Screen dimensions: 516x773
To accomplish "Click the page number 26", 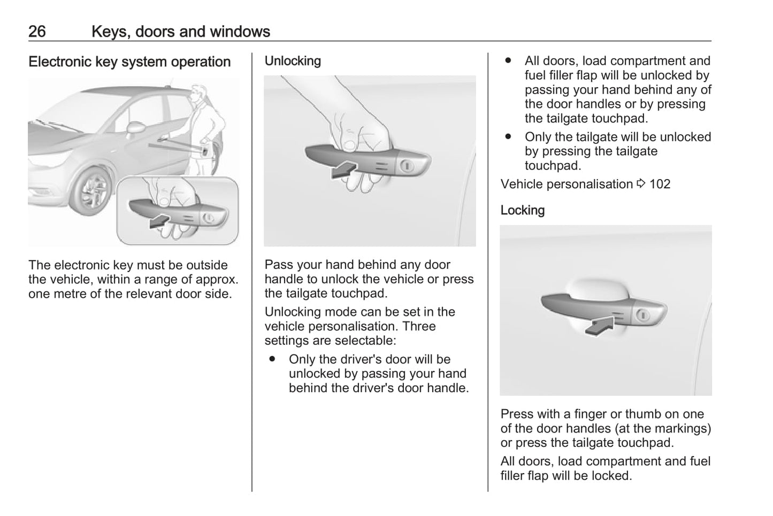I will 37,32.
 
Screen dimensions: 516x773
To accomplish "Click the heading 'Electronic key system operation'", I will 129,62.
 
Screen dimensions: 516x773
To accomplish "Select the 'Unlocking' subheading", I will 293,61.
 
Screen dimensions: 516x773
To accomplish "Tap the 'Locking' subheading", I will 522,211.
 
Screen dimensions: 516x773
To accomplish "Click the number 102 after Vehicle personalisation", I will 660,184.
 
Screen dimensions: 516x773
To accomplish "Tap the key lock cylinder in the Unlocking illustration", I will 407,166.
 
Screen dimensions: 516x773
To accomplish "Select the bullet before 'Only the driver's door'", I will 273,359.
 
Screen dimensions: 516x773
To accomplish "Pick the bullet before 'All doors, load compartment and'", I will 508,61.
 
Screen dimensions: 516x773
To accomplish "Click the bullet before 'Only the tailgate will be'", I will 508,137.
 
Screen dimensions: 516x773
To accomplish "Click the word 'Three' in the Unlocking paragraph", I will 419,327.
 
